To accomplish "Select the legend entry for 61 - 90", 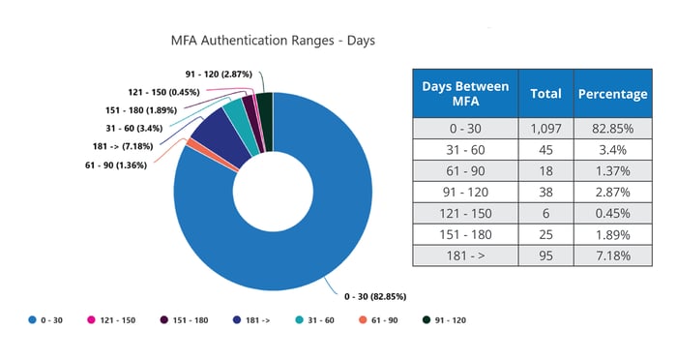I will click(378, 318).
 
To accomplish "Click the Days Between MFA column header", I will click(465, 94).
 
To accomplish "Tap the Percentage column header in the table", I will click(611, 94).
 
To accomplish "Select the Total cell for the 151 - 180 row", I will click(546, 233).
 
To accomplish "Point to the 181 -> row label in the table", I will click(465, 255).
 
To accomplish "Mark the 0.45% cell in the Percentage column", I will click(611, 212).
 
